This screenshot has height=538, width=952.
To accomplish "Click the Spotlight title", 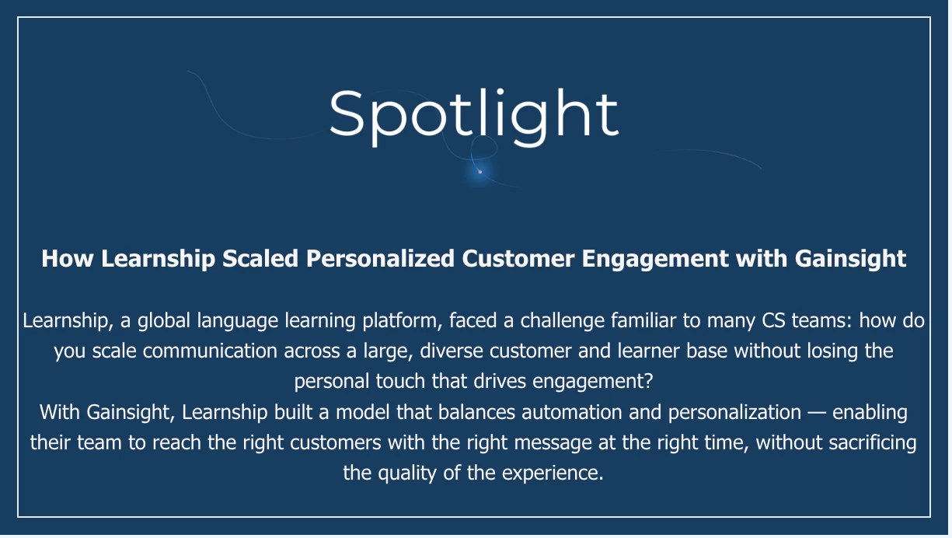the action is pyautogui.click(x=473, y=116).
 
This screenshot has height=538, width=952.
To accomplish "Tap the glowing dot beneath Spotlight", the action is pyautogui.click(x=480, y=172).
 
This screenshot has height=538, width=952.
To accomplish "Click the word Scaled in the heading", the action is pyautogui.click(x=260, y=258).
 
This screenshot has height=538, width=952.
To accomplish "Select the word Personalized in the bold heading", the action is pyautogui.click(x=380, y=258).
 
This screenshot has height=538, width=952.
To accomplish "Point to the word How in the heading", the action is pyautogui.click(x=68, y=258).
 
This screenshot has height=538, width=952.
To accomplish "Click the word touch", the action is pyautogui.click(x=400, y=381).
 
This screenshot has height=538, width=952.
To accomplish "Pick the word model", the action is pyautogui.click(x=362, y=412).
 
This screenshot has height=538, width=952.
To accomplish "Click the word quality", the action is pyautogui.click(x=407, y=473).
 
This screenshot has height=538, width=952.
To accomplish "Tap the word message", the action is pyautogui.click(x=553, y=443).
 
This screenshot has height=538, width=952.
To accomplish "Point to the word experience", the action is pyautogui.click(x=553, y=473).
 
